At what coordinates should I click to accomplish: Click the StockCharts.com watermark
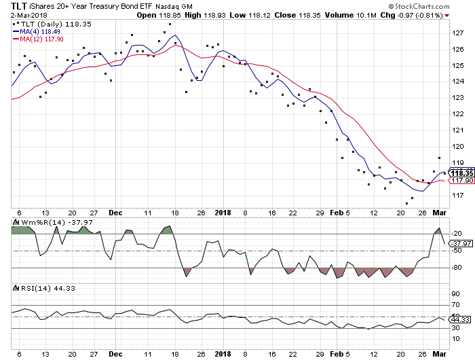[x=434, y=6]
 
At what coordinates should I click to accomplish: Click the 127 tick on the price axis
[x=459, y=33]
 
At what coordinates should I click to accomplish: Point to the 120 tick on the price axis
[x=459, y=147]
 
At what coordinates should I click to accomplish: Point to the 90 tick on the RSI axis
[x=456, y=294]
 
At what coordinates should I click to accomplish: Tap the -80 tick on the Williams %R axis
[x=457, y=268]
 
